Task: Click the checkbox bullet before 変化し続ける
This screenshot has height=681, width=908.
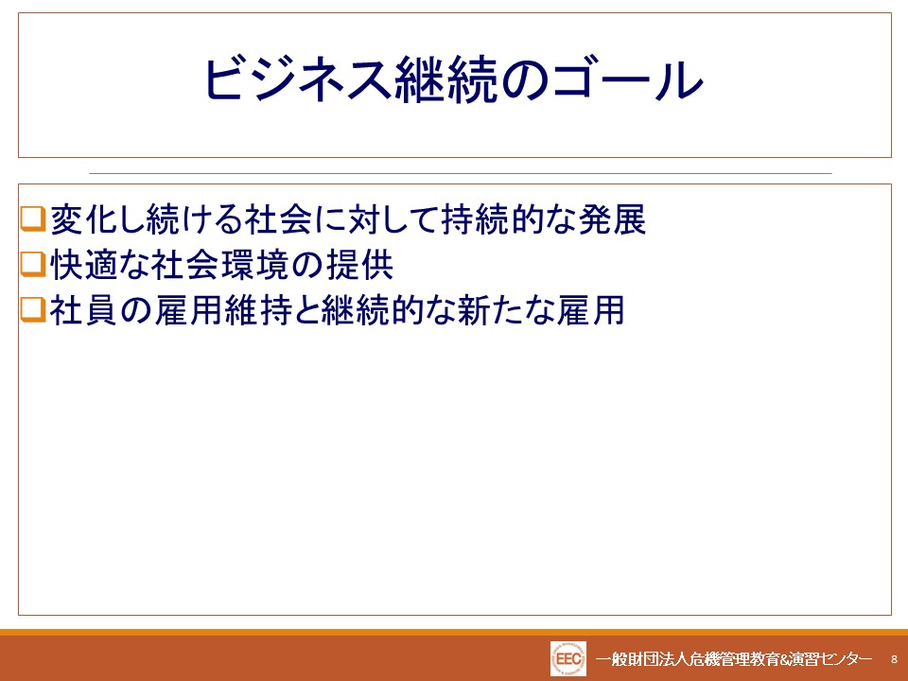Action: click(33, 218)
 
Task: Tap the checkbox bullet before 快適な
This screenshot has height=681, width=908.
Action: click(33, 264)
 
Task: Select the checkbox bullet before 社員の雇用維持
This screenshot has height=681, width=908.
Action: click(33, 309)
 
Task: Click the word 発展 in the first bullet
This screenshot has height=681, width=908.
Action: click(612, 219)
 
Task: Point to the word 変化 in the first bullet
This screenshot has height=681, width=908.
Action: click(85, 219)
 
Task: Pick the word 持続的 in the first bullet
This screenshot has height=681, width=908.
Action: click(492, 219)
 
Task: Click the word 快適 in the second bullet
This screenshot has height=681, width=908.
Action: click(85, 265)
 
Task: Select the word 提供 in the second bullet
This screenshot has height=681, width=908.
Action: click(360, 265)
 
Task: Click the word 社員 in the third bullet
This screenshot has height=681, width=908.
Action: click(84, 310)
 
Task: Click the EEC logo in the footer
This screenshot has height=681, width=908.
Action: click(568, 659)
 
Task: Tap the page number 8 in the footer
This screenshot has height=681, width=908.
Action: click(894, 659)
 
